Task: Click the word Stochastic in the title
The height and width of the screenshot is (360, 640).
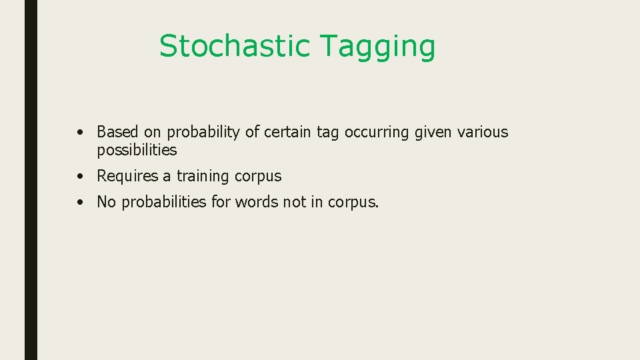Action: pyautogui.click(x=235, y=46)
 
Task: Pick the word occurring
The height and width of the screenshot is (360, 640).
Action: pyautogui.click(x=377, y=133)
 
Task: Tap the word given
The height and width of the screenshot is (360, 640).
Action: pyautogui.click(x=433, y=133)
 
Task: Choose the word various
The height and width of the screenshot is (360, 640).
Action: pyautogui.click(x=483, y=132)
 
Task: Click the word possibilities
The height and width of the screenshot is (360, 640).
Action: pyautogui.click(x=137, y=150)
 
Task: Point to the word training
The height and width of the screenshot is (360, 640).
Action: pyautogui.click(x=203, y=177)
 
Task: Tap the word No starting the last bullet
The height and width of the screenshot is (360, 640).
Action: pyautogui.click(x=106, y=201)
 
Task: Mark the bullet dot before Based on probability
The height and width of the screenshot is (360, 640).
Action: pyautogui.click(x=79, y=133)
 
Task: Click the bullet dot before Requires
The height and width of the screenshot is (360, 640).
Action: pyautogui.click(x=79, y=177)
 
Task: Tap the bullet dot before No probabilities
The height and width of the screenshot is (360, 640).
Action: pyautogui.click(x=79, y=202)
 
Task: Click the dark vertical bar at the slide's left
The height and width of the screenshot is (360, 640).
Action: pyautogui.click(x=31, y=180)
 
